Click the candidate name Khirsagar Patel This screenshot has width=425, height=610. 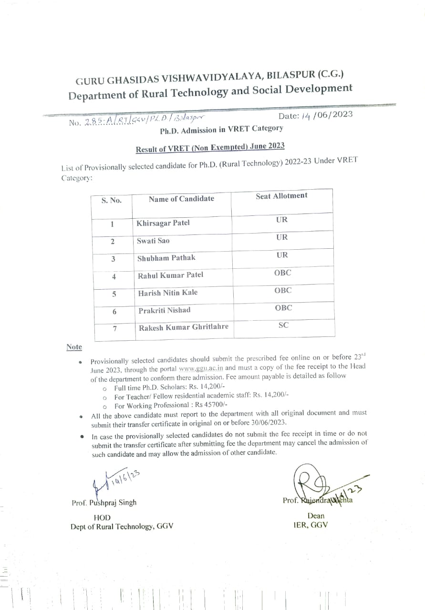(x=163, y=224)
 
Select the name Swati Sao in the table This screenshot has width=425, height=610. (x=153, y=241)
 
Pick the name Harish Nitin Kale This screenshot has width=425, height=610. (x=167, y=293)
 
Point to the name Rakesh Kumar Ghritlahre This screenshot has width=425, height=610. (x=183, y=327)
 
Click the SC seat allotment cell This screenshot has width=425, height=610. (x=283, y=325)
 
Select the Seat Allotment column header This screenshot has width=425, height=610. (x=281, y=196)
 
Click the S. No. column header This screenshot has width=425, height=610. (x=111, y=200)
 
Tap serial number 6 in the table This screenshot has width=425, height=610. (x=114, y=312)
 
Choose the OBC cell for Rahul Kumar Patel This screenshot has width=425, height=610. (x=282, y=273)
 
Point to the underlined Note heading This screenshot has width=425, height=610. (x=74, y=347)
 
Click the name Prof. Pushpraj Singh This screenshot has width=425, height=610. (x=104, y=502)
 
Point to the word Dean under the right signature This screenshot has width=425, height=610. (x=316, y=516)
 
